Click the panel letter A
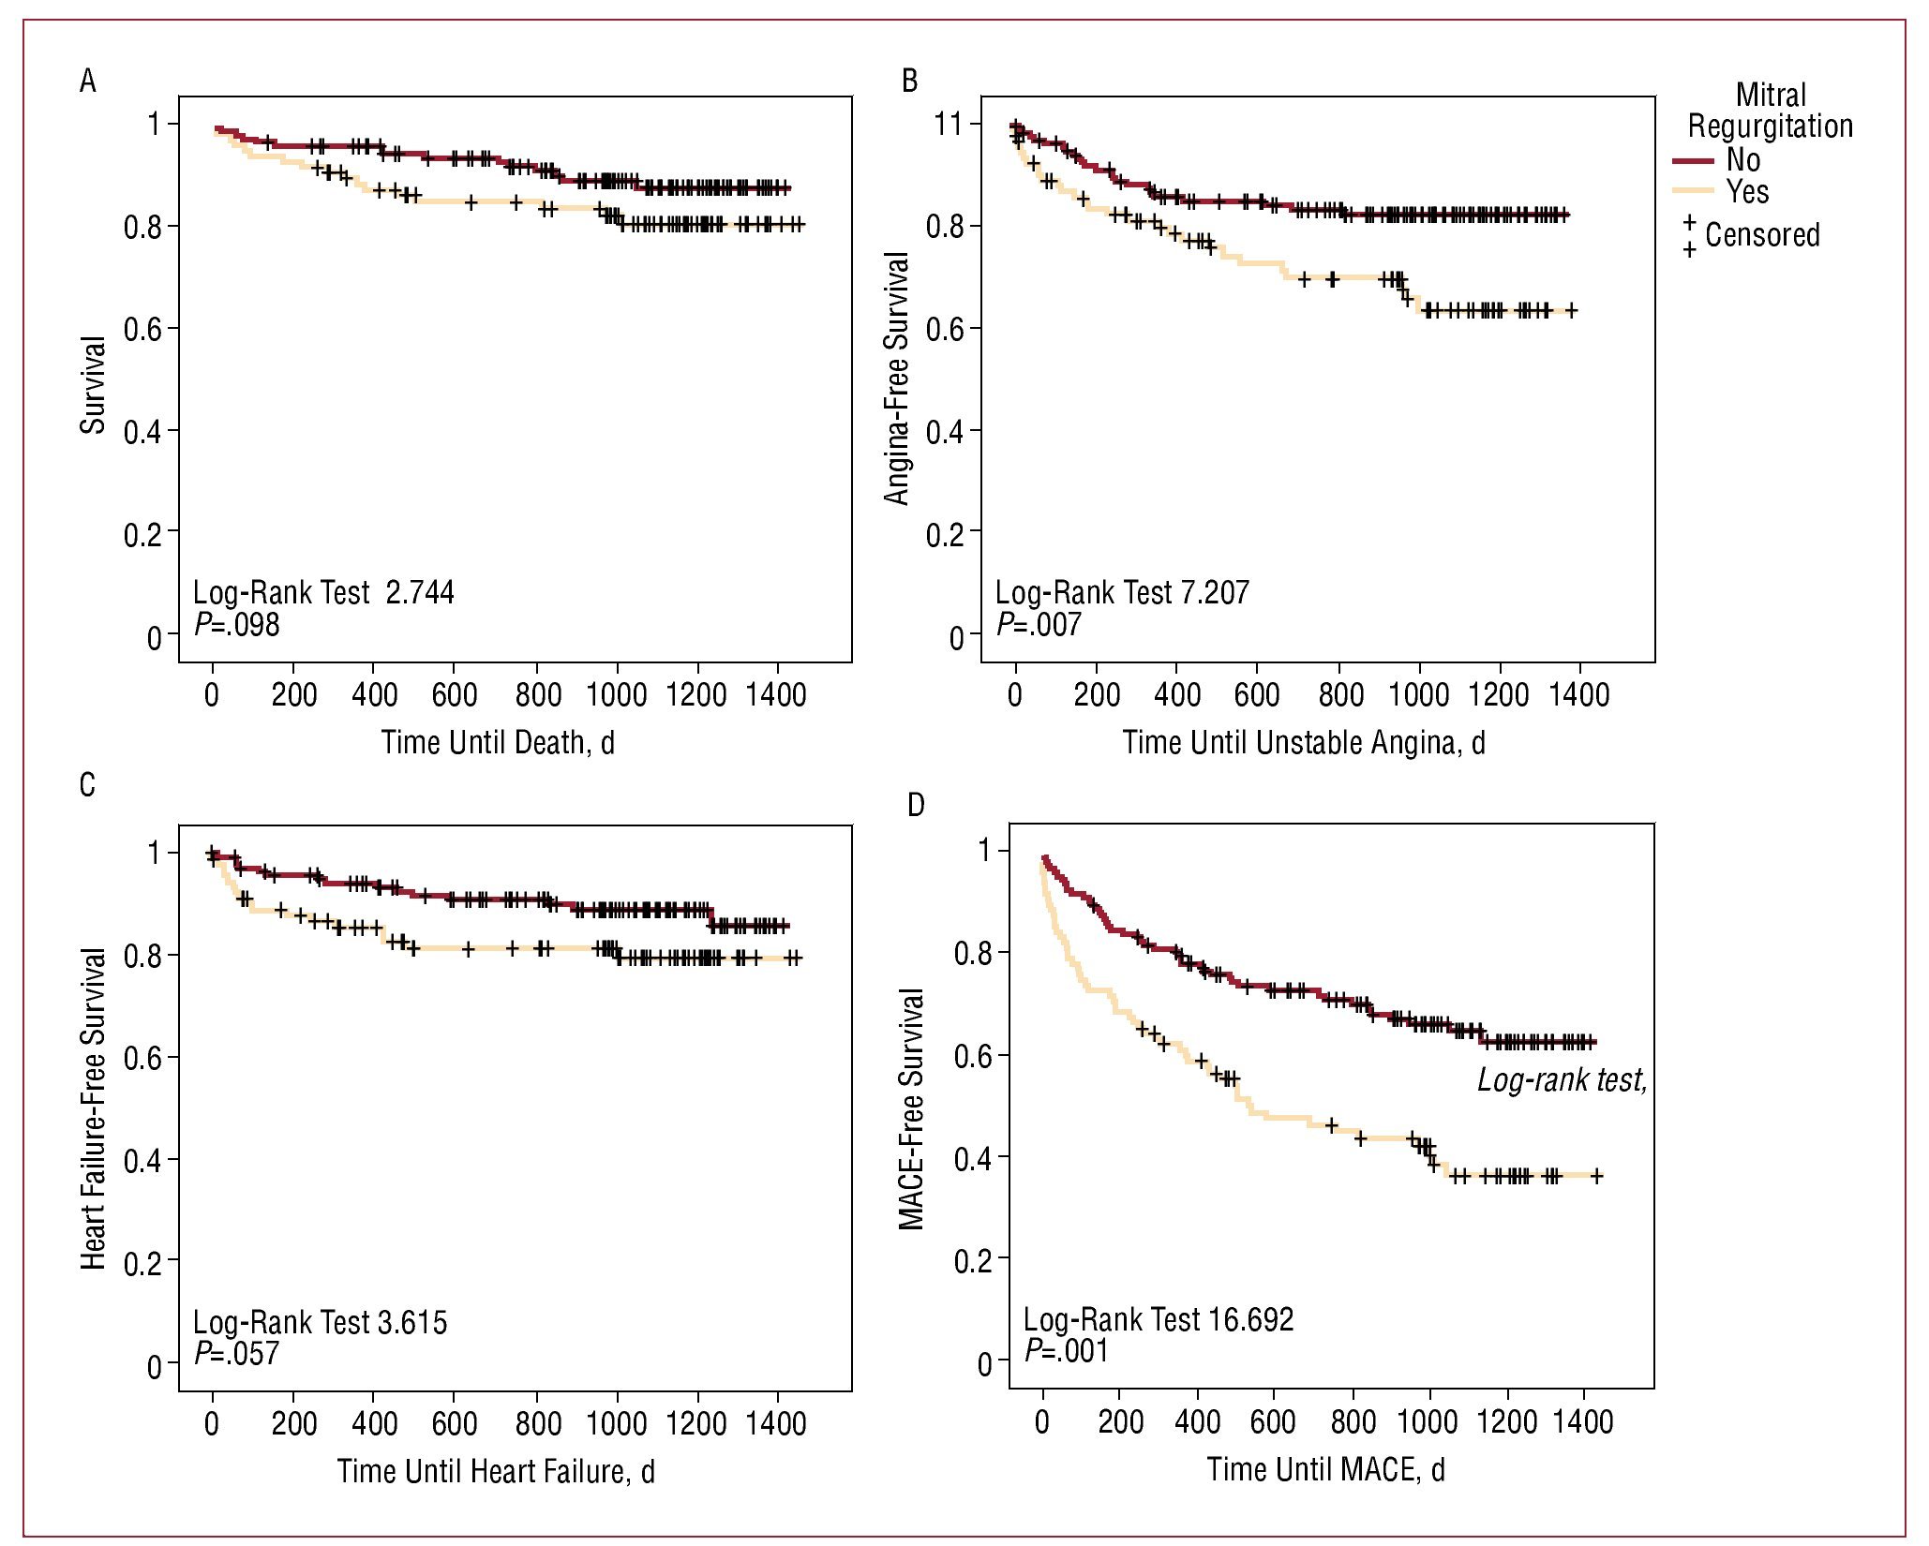tap(88, 82)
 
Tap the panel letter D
tap(916, 804)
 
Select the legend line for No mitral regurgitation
tap(1693, 161)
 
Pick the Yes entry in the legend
tap(1747, 192)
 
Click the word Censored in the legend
tap(1762, 234)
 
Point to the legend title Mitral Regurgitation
tap(1770, 111)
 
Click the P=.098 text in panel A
tap(237, 625)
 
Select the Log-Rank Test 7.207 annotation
tap(1122, 592)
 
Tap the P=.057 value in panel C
tap(237, 1353)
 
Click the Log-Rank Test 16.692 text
tap(1159, 1319)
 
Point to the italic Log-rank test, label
tap(1562, 1080)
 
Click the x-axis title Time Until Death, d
tap(498, 743)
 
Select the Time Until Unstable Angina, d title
tap(1304, 743)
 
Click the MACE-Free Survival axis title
tap(912, 1108)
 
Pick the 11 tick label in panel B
tap(950, 124)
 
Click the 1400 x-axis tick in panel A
tap(776, 695)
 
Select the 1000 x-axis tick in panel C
tap(617, 1423)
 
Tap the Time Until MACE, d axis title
tap(1325, 1469)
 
